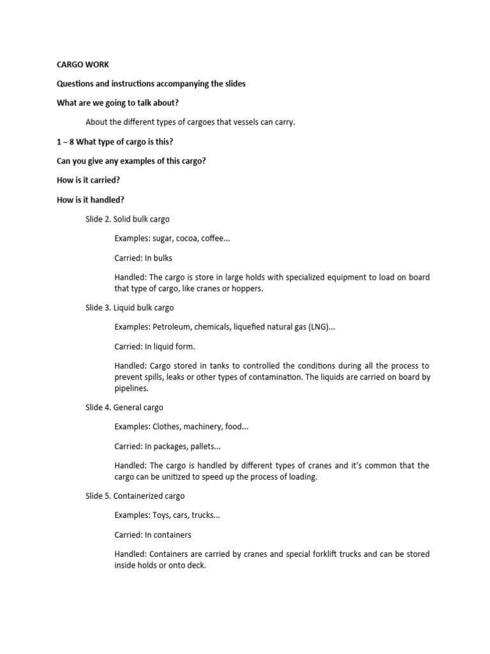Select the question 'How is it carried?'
tap(88, 180)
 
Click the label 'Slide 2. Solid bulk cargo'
tap(128, 219)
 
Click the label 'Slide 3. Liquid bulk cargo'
tap(130, 307)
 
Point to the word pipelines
tap(131, 388)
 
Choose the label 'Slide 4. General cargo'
tap(124, 407)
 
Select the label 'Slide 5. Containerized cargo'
tap(135, 496)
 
